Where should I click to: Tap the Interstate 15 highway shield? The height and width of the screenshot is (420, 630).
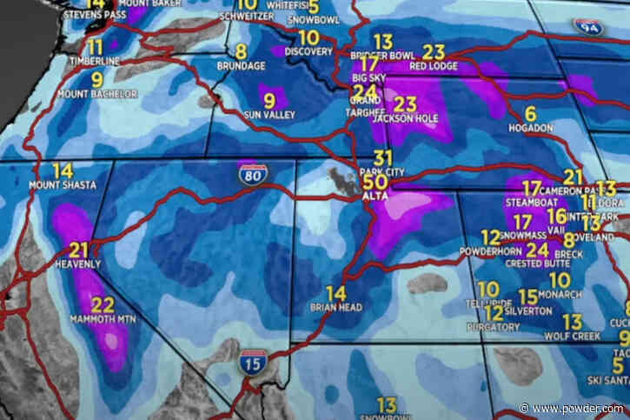click(251, 364)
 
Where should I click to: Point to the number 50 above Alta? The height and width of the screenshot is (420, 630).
click(375, 183)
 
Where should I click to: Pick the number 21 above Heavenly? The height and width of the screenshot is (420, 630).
click(79, 250)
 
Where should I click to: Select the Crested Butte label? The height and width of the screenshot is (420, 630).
click(537, 263)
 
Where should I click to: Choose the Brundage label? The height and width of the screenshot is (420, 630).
click(241, 65)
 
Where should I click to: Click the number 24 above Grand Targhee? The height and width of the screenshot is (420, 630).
click(365, 91)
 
